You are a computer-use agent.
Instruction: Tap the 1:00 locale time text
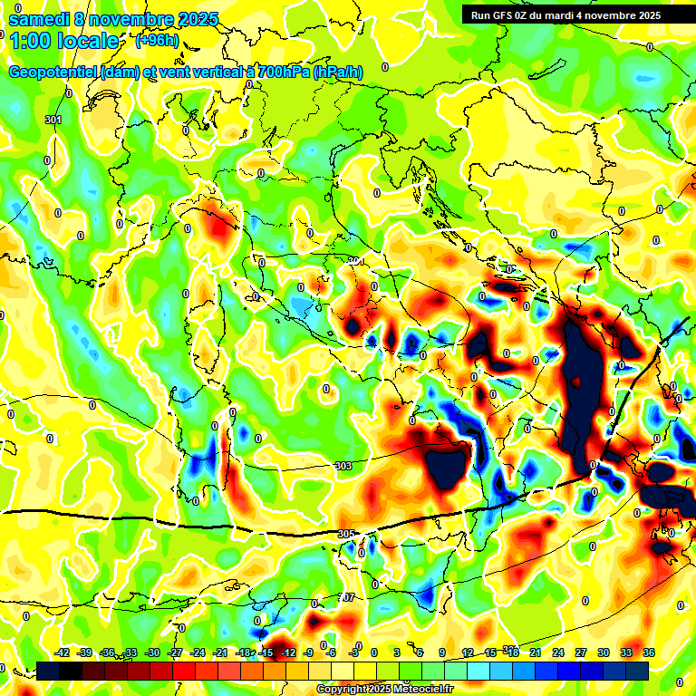pos(63,41)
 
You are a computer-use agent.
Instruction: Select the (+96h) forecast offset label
pos(157,41)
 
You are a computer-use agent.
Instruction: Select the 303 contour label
pos(343,466)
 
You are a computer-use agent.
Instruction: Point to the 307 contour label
pos(347,598)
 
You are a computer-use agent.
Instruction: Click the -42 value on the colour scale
pos(62,652)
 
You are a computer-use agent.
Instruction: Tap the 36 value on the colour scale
pos(649,652)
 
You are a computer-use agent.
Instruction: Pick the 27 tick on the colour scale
pos(581,652)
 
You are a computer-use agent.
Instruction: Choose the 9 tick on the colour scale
pos(442,652)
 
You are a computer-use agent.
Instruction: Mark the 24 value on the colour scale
pos(558,652)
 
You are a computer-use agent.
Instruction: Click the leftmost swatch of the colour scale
pos(48,671)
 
